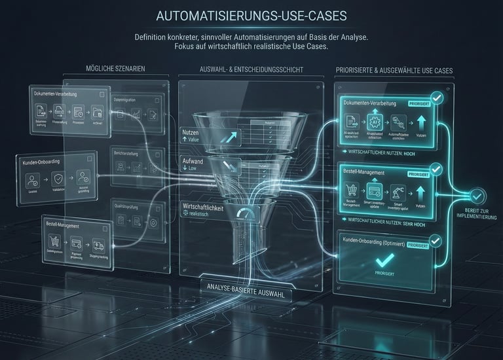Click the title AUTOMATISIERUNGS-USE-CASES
pos(251,15)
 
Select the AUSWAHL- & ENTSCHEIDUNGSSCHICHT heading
pos(251,69)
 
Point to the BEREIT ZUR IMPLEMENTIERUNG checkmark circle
pos(477,194)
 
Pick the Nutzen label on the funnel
pos(191,133)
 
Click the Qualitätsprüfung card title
pos(130,204)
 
